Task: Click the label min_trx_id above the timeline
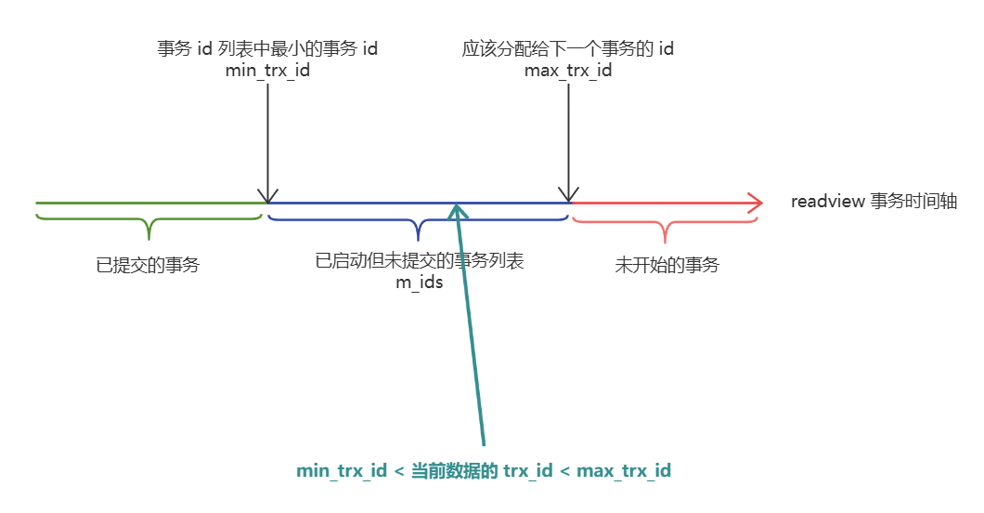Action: pos(267,70)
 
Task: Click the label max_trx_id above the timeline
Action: pos(568,70)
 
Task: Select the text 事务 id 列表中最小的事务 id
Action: pos(267,49)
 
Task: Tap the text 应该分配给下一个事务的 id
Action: pos(568,49)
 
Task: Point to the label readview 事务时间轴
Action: pos(874,202)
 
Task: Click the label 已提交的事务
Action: pos(148,265)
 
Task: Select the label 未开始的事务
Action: pos(667,265)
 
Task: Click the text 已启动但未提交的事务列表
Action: pos(420,261)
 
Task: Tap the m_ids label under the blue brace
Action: pos(420,283)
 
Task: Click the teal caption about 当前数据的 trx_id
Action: pos(484,471)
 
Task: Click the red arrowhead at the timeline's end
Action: pos(754,202)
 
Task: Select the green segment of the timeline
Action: pos(149,202)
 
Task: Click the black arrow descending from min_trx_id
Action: pos(267,139)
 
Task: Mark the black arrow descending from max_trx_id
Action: pos(568,139)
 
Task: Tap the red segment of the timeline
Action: pos(659,202)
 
